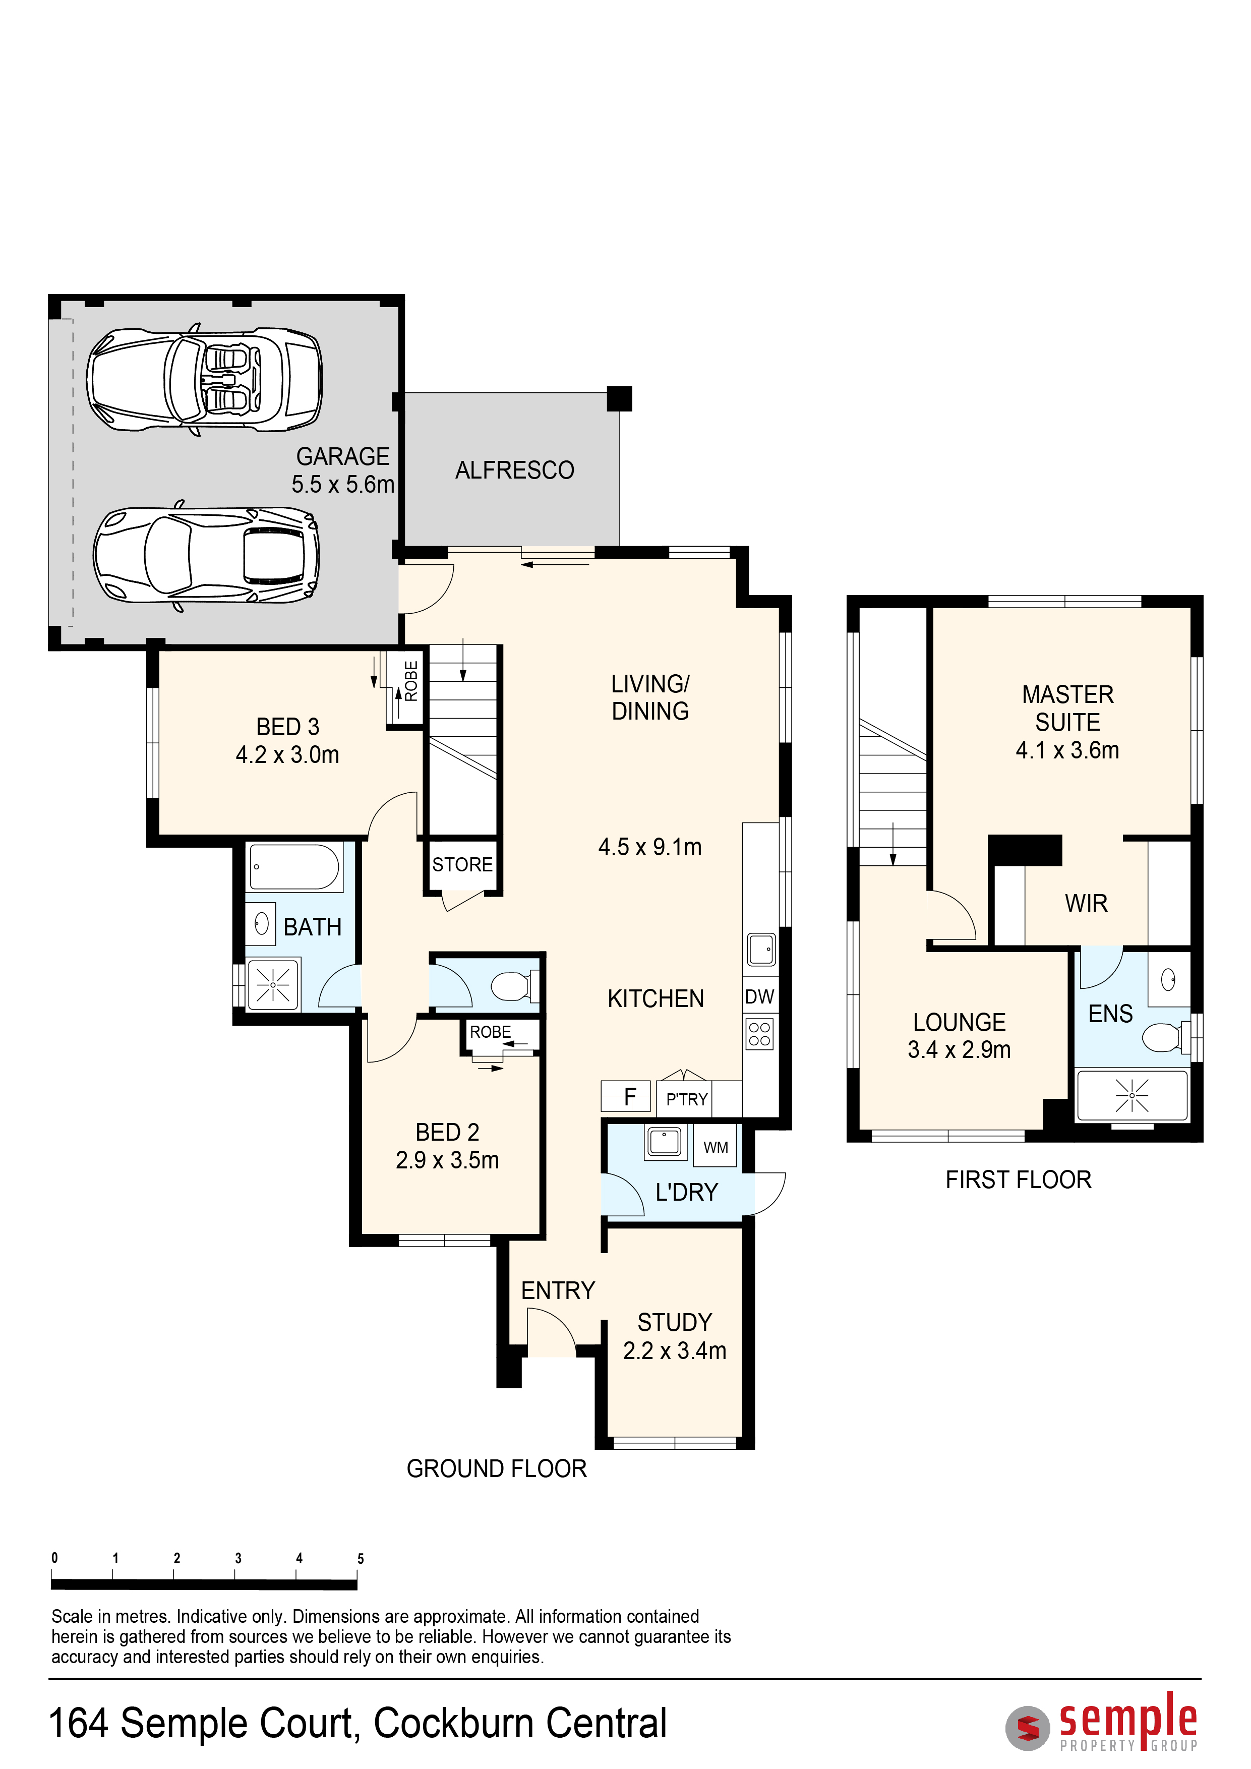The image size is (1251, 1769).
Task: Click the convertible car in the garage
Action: [204, 380]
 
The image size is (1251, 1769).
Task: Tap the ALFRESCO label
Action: [515, 470]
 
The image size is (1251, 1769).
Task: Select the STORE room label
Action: [462, 864]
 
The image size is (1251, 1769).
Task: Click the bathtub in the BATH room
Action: [295, 867]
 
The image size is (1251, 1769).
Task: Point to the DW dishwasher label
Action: [759, 997]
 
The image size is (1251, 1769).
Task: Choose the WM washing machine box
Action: [716, 1147]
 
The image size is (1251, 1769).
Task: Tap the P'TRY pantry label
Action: [686, 1099]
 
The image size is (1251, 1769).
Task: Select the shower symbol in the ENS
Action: [1131, 1095]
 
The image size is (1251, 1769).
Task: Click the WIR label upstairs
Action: [1086, 903]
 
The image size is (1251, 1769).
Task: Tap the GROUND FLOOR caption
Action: [497, 1468]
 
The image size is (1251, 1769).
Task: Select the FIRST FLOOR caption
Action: [1019, 1180]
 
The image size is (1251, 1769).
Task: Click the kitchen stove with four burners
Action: [759, 1034]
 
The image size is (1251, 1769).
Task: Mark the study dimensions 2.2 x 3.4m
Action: [675, 1350]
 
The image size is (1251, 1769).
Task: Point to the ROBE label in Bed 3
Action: [411, 681]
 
